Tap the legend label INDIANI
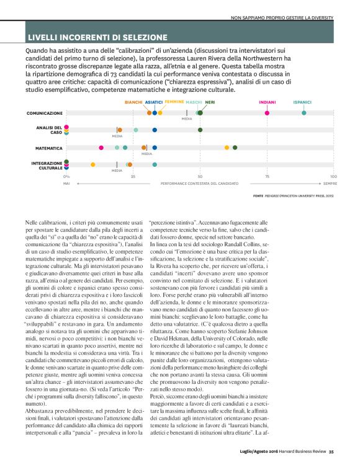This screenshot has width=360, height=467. coord(267,102)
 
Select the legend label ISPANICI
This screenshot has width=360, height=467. coord(303,102)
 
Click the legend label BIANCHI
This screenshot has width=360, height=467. coord(133,102)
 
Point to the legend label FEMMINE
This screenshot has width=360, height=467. coord(174,102)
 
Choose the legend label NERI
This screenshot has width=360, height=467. coord(210,102)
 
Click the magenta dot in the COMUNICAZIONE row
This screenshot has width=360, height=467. coord(267,113)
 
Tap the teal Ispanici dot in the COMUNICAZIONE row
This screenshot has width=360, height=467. coord(304,113)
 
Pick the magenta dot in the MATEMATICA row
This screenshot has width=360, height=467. coord(101,148)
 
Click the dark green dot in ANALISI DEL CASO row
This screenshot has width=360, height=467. coord(200,130)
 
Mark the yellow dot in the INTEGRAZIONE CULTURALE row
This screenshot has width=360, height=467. coord(93,165)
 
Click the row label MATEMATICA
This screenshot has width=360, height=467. coord(48,148)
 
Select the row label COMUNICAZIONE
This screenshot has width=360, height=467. coord(44,113)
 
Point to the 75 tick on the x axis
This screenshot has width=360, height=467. coord(267,177)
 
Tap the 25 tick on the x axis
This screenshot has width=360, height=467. coord(133,177)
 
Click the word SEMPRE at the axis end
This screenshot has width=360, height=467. coord(330,184)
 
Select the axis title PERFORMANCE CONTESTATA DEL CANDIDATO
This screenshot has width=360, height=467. coord(199,184)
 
